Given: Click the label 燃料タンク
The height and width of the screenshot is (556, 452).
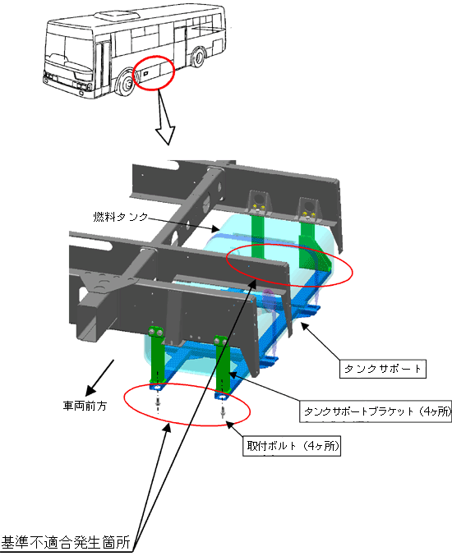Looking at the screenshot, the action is pos(120,217).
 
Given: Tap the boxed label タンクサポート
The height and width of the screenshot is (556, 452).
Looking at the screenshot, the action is pos(383,369).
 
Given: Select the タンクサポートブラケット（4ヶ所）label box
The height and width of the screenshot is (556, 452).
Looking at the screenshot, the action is pos(376,411).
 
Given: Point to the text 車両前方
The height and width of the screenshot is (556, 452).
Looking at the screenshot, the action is pos(85,406).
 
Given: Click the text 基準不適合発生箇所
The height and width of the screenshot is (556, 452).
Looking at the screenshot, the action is pos(66,543).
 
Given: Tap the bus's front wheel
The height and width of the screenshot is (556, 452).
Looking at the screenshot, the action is pos(125,84).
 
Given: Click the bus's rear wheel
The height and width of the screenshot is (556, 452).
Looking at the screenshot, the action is pos(198,57).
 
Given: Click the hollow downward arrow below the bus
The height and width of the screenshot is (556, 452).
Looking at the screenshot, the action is pos(165,119).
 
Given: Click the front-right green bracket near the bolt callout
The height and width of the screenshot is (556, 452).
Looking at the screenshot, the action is pos(223,365).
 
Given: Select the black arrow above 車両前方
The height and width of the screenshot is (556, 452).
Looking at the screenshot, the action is pos(99,377).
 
